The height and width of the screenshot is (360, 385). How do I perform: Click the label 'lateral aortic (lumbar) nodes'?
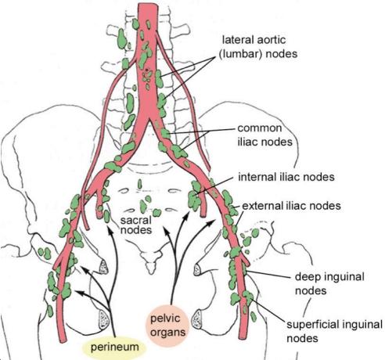pyautogui.click(x=258, y=47)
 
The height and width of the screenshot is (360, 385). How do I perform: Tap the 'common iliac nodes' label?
pyautogui.click(x=264, y=135)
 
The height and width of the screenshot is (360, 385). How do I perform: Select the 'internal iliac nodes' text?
pyautogui.click(x=286, y=177)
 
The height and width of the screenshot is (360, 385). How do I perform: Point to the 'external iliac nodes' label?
pyautogui.click(x=291, y=206)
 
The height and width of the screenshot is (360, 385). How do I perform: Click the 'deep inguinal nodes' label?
pyautogui.click(x=329, y=283)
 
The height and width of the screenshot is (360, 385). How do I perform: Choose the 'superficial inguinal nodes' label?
pyautogui.click(x=334, y=331)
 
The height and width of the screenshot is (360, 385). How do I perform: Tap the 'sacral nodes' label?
pyautogui.click(x=136, y=225)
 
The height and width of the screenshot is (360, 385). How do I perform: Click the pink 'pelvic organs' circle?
pyautogui.click(x=167, y=325)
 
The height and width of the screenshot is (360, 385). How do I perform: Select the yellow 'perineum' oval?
pyautogui.click(x=114, y=347)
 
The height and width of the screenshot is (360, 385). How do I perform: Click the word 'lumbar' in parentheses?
pyautogui.click(x=239, y=54)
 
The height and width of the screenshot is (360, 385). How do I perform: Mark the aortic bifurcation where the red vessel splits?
pyautogui.click(x=149, y=119)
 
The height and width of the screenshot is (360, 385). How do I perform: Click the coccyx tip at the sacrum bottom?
pyautogui.click(x=151, y=272)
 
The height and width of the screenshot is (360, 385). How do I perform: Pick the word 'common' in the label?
pyautogui.click(x=260, y=128)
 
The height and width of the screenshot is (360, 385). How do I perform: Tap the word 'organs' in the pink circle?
pyautogui.click(x=167, y=333)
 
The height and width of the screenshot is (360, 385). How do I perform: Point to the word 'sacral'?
pyautogui.click(x=136, y=221)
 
